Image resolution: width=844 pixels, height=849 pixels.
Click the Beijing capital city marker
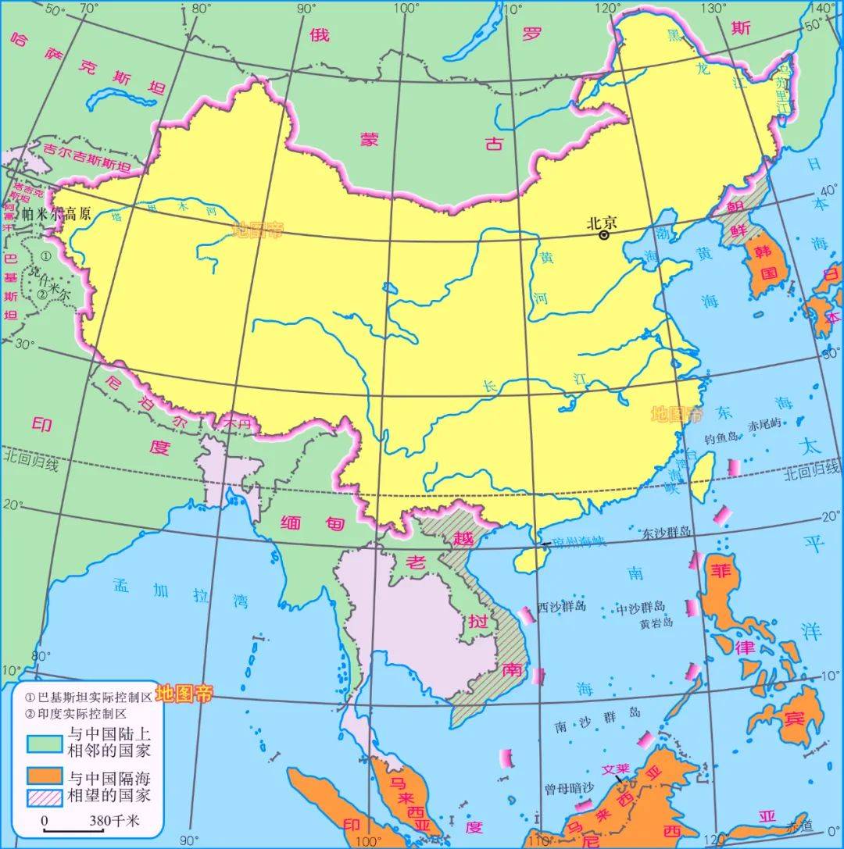pyautogui.click(x=604, y=235)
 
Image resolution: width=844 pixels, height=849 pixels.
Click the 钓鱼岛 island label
pyautogui.click(x=720, y=439)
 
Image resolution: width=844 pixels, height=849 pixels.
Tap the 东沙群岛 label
pyautogui.click(x=667, y=531)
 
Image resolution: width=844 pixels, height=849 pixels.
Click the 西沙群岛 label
pyautogui.click(x=561, y=607)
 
